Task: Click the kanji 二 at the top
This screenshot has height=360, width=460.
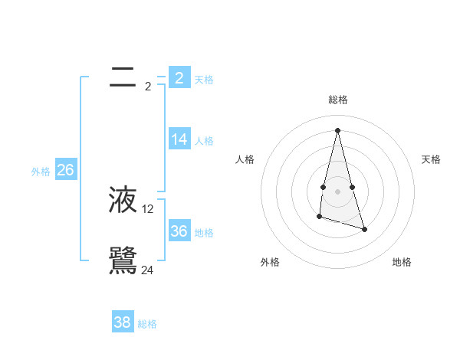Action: click(123, 77)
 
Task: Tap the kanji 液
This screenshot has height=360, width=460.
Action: click(123, 199)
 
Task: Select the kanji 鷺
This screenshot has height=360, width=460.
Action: click(123, 260)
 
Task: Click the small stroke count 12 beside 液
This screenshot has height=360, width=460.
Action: click(148, 209)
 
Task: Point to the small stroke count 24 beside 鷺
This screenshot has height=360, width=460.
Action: click(147, 270)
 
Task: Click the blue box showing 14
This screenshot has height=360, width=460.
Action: click(179, 139)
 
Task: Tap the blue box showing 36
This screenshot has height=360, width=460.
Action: click(179, 231)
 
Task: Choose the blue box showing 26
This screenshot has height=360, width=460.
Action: click(65, 170)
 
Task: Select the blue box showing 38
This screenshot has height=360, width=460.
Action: click(123, 322)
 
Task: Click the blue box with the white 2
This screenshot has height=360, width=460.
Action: click(179, 77)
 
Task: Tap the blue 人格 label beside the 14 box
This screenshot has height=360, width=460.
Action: click(204, 141)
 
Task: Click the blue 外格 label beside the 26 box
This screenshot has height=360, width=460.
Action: click(41, 172)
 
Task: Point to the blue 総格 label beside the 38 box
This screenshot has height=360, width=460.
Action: click(147, 324)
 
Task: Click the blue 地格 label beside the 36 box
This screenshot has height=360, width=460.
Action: click(204, 233)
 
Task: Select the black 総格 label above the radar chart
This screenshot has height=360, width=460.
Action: click(337, 100)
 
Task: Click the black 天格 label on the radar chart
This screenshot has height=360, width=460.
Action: click(432, 159)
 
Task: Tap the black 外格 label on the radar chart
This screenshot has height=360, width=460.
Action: click(270, 263)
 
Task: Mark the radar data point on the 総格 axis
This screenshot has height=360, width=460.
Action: click(337, 130)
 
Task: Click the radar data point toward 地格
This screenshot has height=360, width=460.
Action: click(364, 229)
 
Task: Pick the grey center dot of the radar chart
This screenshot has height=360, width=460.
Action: click(337, 191)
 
